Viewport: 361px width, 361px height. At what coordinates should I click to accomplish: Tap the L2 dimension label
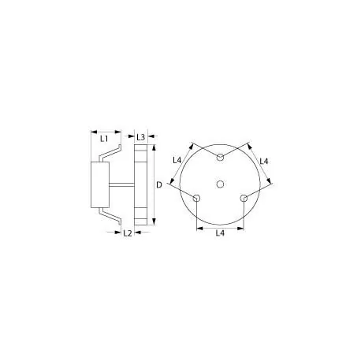pos(127,233)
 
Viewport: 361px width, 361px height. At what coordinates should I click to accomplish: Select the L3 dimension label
pos(141,137)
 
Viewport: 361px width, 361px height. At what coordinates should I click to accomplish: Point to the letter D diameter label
pos(159,184)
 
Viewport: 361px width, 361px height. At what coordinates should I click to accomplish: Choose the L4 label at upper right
pos(263,161)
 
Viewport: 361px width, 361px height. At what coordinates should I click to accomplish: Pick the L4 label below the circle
pos(221,234)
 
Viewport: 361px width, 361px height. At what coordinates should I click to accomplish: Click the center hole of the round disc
pos(221,184)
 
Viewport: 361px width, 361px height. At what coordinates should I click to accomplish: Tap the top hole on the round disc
pos(221,158)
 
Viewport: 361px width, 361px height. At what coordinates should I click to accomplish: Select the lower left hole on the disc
pos(197,197)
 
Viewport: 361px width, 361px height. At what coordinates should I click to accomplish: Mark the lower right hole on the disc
pos(244,197)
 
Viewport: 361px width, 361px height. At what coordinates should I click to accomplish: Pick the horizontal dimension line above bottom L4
pos(221,228)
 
